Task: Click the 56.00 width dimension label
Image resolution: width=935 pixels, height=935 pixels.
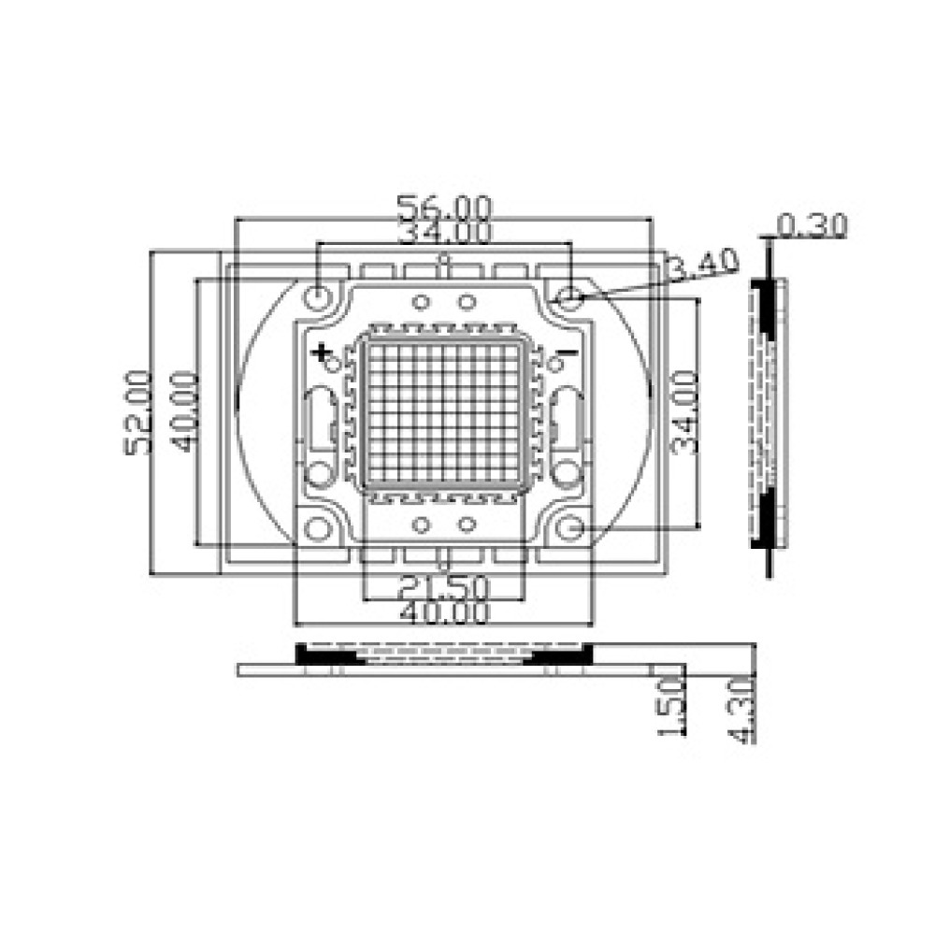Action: click(445, 207)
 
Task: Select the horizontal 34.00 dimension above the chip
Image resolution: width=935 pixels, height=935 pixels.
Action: click(445, 232)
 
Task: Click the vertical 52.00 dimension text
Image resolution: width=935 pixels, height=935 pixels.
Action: click(137, 412)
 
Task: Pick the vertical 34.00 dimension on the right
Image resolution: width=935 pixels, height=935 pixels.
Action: click(684, 412)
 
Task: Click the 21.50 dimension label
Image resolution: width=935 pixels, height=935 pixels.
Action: click(443, 588)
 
